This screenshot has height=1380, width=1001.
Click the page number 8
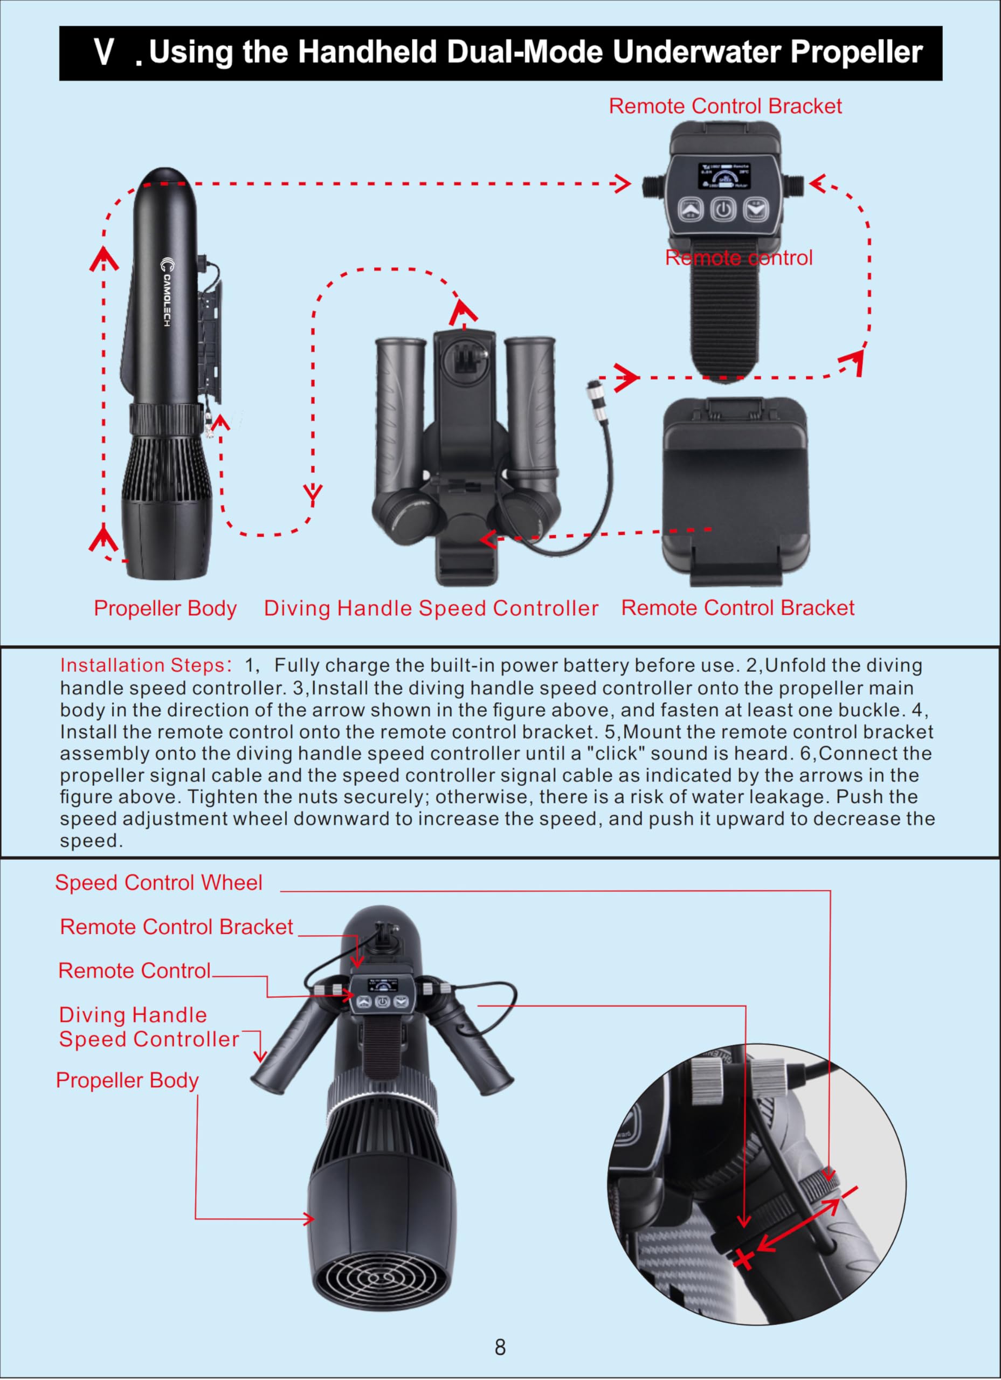500,1348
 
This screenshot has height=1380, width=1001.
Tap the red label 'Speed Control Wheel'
159,883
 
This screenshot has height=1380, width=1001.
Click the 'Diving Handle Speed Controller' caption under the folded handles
431,609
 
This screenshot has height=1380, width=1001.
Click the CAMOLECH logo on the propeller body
166,292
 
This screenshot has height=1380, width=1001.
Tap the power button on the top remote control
723,210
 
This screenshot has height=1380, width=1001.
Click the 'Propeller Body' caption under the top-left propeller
165,609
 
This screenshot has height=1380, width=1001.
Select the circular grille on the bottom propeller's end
382,1275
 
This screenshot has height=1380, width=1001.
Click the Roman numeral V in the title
104,52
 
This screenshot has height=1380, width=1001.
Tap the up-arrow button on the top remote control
691,210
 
